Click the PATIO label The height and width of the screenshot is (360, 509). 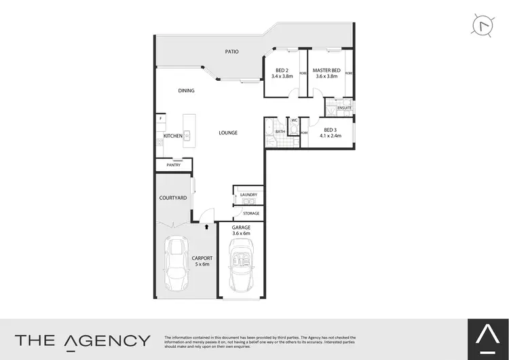[x=233, y=51]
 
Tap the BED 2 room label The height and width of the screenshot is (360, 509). [x=282, y=71]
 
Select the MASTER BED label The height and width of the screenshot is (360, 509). [x=326, y=71]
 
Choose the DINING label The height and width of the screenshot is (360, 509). [x=186, y=90]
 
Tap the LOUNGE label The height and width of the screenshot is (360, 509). [x=228, y=132]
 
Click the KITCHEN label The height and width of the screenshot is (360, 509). [x=173, y=137]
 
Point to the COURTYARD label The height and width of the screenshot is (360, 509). [x=172, y=198]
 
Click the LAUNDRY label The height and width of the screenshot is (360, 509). [x=248, y=195]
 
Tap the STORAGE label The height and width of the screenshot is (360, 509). [x=251, y=214]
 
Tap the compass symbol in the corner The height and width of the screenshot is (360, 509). [x=480, y=25]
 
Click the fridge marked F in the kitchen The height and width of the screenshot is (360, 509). [x=160, y=118]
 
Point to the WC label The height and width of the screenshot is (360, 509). [x=293, y=120]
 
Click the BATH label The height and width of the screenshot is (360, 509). [x=280, y=132]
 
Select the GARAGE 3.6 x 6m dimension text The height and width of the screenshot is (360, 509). [x=241, y=230]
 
